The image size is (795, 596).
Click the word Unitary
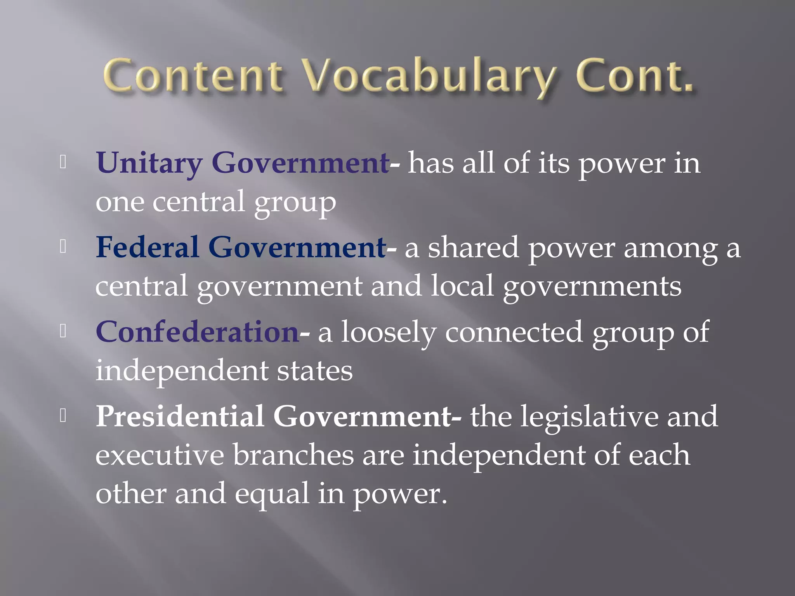pos(149,163)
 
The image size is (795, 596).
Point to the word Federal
pos(147,247)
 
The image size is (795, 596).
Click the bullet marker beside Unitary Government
pos(63,162)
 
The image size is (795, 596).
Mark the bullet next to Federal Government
pos(63,246)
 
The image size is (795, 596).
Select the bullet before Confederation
pos(63,331)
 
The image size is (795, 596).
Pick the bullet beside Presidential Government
pos(63,415)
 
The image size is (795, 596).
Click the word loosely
pos(388,333)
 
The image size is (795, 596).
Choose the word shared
pos(473,247)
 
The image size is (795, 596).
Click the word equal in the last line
pos(272,494)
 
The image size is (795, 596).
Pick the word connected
pos(514,333)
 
